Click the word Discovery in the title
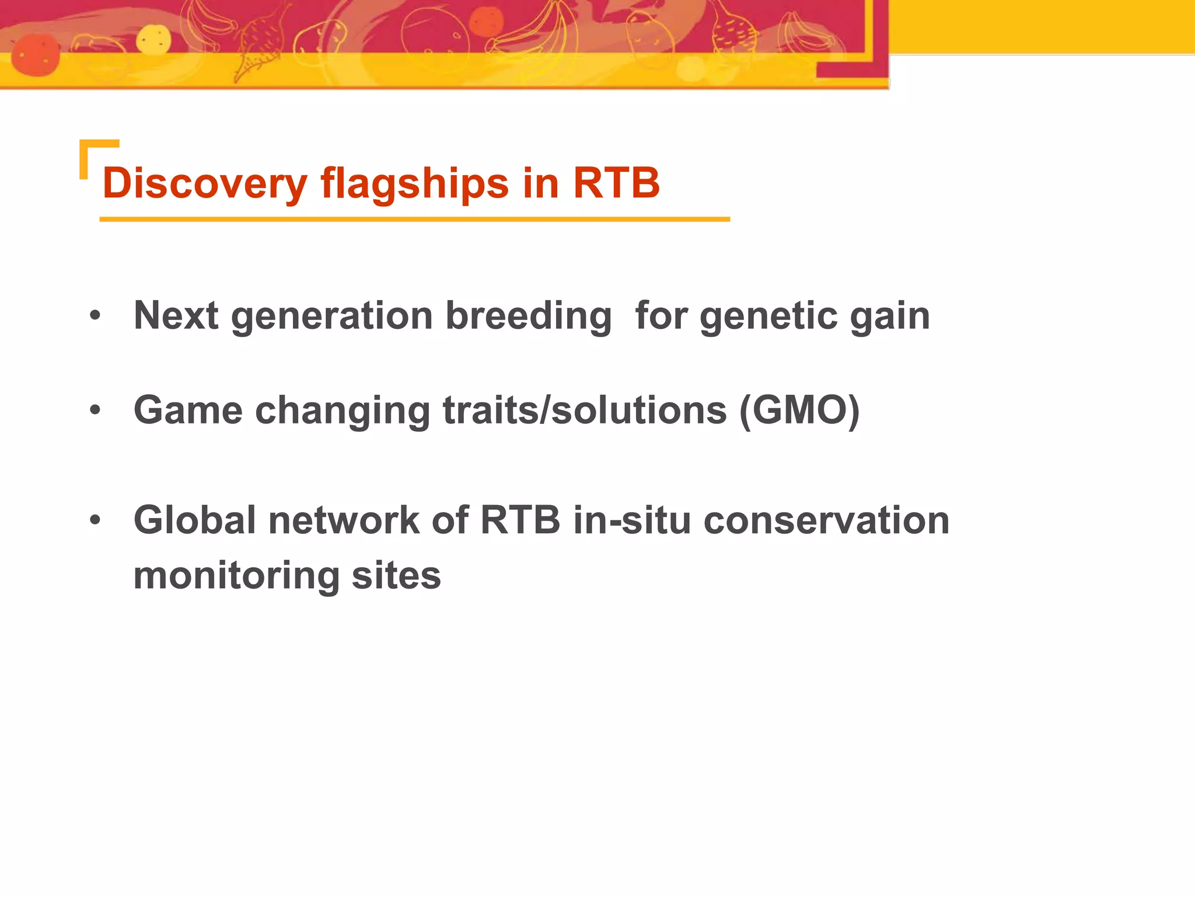pos(204,183)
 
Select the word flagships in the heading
pos(414,183)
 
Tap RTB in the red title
pos(616,183)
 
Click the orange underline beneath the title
pos(414,220)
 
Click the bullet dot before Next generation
pos(95,317)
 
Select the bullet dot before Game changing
pos(95,411)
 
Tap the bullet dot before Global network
pos(95,520)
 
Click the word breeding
pos(528,317)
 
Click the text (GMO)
pos(799,411)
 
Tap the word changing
pos(343,411)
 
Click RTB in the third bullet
pos(520,520)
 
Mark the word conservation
pos(826,520)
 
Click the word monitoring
pos(236,576)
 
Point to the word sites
pos(396,576)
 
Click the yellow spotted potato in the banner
pos(153,40)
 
